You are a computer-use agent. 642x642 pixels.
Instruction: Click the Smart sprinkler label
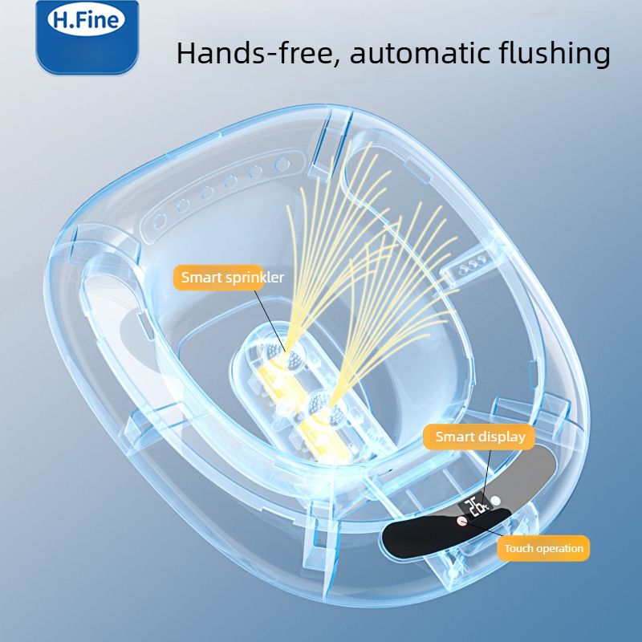tap(232, 278)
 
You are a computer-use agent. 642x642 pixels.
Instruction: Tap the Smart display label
tap(480, 437)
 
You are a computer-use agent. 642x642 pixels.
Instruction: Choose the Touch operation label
tap(543, 548)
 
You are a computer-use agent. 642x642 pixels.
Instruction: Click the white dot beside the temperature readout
tap(496, 501)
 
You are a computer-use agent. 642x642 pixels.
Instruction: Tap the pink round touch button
tap(461, 520)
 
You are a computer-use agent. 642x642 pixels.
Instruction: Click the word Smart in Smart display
tap(455, 437)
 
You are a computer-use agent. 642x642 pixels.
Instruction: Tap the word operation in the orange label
tap(559, 549)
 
